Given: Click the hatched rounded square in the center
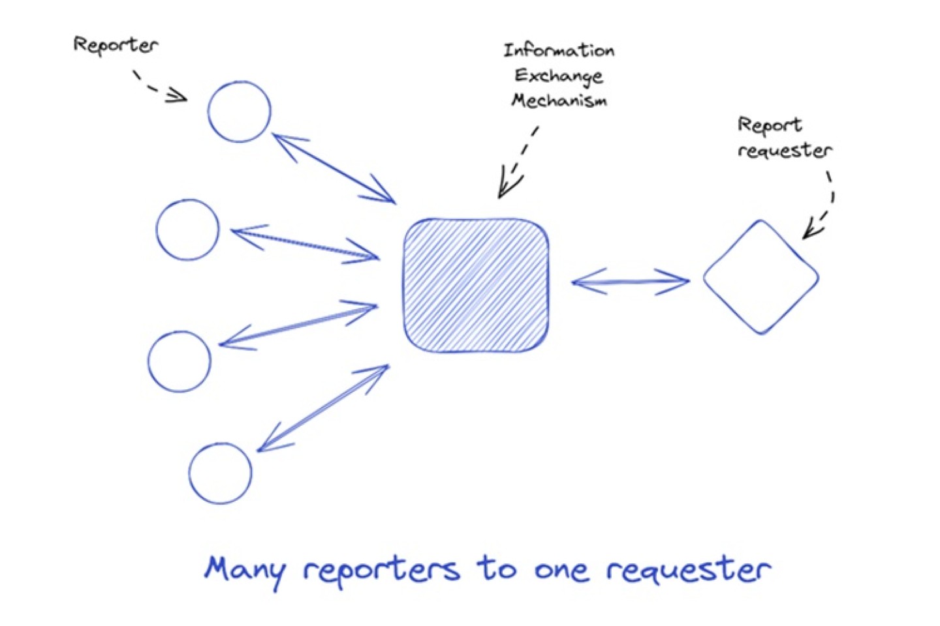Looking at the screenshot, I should (476, 286).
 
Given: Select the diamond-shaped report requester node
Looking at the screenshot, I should (760, 277).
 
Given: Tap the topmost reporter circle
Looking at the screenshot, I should (239, 112).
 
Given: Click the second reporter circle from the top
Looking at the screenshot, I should (187, 230).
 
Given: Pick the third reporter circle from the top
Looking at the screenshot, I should (180, 361).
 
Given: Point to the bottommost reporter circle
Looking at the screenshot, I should (220, 473).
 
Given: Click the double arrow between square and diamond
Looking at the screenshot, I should (630, 282).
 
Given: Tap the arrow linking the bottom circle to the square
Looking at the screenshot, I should (322, 408).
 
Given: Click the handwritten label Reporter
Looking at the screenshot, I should (116, 46).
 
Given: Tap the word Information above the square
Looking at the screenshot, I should (558, 50).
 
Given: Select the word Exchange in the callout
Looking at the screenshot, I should (558, 76).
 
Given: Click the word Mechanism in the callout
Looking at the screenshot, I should (559, 100).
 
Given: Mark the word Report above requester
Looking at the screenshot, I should (769, 125).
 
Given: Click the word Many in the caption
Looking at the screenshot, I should (245, 571).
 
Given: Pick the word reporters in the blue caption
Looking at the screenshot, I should (381, 571).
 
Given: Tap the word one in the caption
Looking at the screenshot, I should (562, 571).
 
